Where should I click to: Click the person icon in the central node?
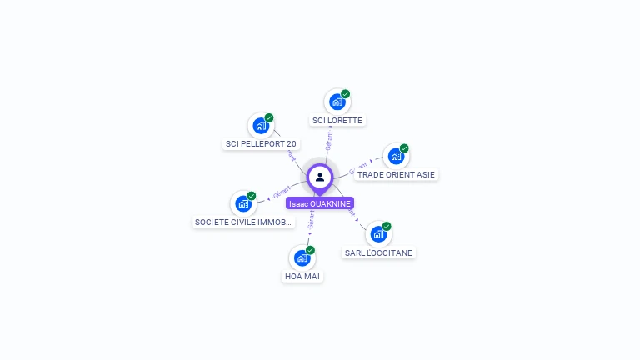coord(320,177)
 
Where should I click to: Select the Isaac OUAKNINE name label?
coord(320,203)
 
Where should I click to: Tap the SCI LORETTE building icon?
coord(337,102)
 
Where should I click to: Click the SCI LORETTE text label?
coord(337,121)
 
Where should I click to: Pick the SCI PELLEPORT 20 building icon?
coord(261,126)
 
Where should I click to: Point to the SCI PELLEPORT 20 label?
coord(261,144)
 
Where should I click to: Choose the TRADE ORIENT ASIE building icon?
coord(396,156)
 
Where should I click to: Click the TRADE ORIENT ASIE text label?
coord(396,175)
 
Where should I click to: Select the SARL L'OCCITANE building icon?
coord(378,234)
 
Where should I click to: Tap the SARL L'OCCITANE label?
coord(378,252)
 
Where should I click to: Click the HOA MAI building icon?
coord(302,257)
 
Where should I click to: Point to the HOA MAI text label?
coord(302,277)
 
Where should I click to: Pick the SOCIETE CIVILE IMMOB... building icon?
coord(243,203)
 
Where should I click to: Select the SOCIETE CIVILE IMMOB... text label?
coord(243,222)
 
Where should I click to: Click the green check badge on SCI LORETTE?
coord(345,94)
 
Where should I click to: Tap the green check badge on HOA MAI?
coord(310,250)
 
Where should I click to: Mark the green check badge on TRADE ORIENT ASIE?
coord(404,148)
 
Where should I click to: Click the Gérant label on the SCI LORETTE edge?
coord(329,140)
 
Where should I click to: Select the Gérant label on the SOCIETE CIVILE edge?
coord(281,190)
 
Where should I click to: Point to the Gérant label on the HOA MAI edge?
coord(311,219)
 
